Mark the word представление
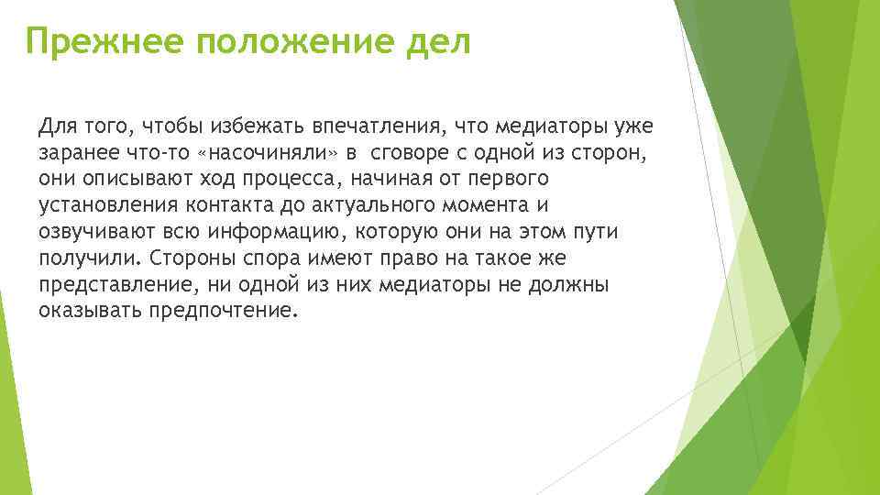tap(110, 284)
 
